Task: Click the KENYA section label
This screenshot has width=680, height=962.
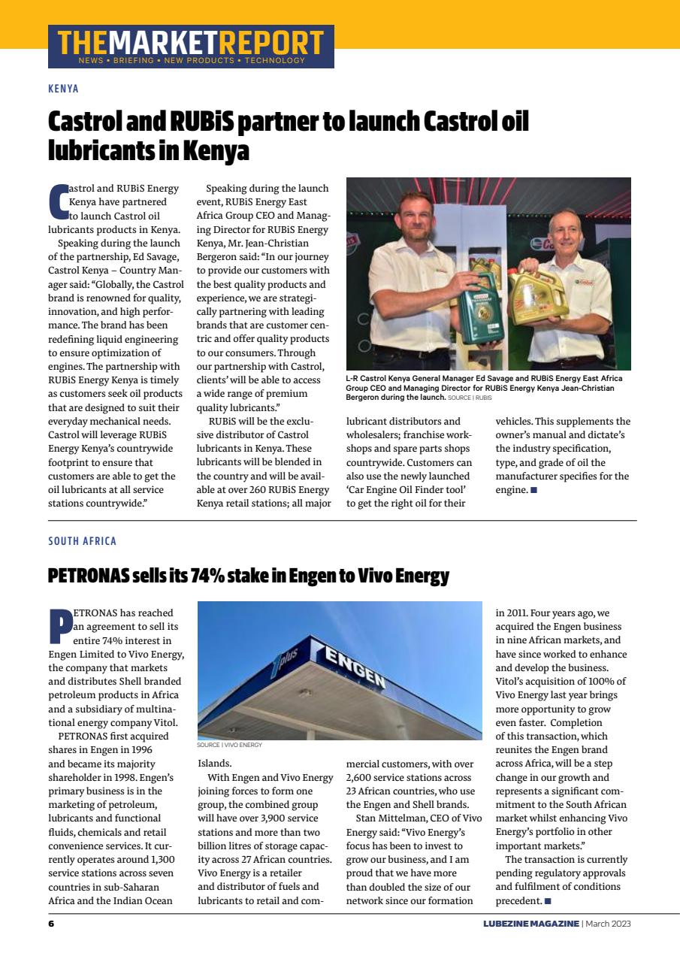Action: pos(63,89)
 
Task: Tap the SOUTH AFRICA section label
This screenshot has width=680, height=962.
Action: pos(82,541)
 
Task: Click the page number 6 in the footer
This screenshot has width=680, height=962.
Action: pos(51,923)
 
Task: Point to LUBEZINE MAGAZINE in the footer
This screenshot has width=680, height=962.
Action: pos(531,923)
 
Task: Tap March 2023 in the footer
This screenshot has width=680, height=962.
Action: pos(609,923)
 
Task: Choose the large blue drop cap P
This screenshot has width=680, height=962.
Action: pos(59,626)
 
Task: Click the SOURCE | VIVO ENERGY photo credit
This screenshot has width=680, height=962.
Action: pos(229,745)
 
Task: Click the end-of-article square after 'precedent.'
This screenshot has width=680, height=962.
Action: pos(548,900)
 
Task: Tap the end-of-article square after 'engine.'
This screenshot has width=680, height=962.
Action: pos(533,490)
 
